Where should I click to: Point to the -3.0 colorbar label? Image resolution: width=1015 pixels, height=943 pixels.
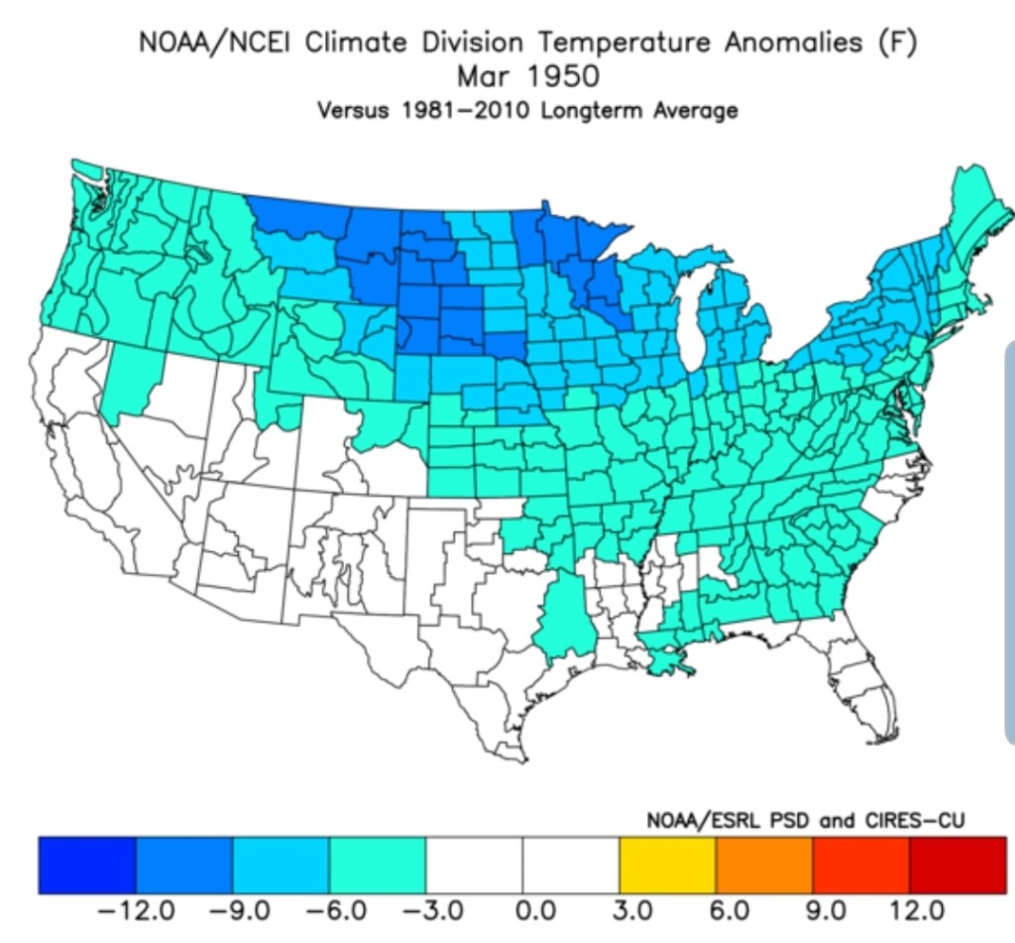point(425,909)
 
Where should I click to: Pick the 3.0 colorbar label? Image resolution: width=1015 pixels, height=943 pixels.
point(632,909)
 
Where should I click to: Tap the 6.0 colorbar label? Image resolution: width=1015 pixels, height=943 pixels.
point(730,909)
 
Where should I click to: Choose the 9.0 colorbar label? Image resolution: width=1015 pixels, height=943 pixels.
point(827,909)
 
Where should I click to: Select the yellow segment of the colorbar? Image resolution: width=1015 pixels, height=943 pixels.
point(667,864)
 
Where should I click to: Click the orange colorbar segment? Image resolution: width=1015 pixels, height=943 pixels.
point(764,864)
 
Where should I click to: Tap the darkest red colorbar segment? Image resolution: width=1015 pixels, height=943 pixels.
point(958,864)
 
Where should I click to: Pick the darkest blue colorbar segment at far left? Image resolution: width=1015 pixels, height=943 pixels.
point(86,864)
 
